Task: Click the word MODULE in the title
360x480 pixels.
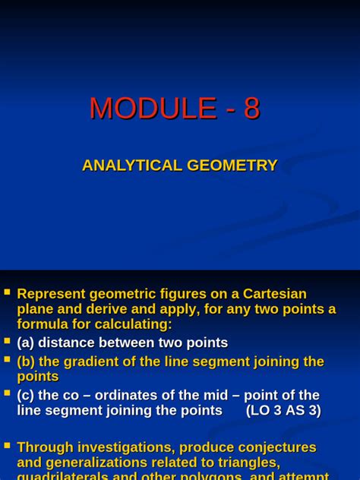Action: (153, 109)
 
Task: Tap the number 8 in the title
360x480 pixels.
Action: (251, 109)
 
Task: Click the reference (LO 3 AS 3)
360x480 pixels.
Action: (283, 411)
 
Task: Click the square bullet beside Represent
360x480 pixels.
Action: (7, 291)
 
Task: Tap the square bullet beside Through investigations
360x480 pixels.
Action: (7, 445)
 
